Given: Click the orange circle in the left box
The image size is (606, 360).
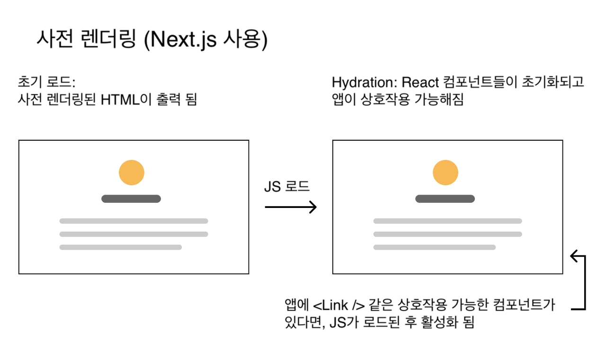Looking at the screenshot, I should pyautogui.click(x=132, y=173).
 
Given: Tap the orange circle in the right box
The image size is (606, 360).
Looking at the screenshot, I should pyautogui.click(x=446, y=173).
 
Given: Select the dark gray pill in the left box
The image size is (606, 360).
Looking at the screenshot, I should pyautogui.click(x=131, y=199).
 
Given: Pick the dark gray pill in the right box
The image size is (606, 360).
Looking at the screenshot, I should pyautogui.click(x=445, y=199).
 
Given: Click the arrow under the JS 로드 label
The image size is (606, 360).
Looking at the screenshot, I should pyautogui.click(x=290, y=207).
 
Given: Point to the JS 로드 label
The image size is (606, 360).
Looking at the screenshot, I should pyautogui.click(x=286, y=186).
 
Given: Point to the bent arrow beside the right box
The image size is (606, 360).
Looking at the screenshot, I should pyautogui.click(x=580, y=282).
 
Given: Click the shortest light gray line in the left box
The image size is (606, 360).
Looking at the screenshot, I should pyautogui.click(x=121, y=247).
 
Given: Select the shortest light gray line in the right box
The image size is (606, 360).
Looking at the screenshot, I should pyautogui.click(x=435, y=247).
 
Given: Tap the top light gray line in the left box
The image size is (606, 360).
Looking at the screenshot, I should pyautogui.click(x=134, y=221).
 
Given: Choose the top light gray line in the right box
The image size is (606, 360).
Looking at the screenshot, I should pyautogui.click(x=447, y=221).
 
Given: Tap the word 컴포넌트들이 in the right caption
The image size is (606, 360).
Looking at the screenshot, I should pyautogui.click(x=477, y=82).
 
